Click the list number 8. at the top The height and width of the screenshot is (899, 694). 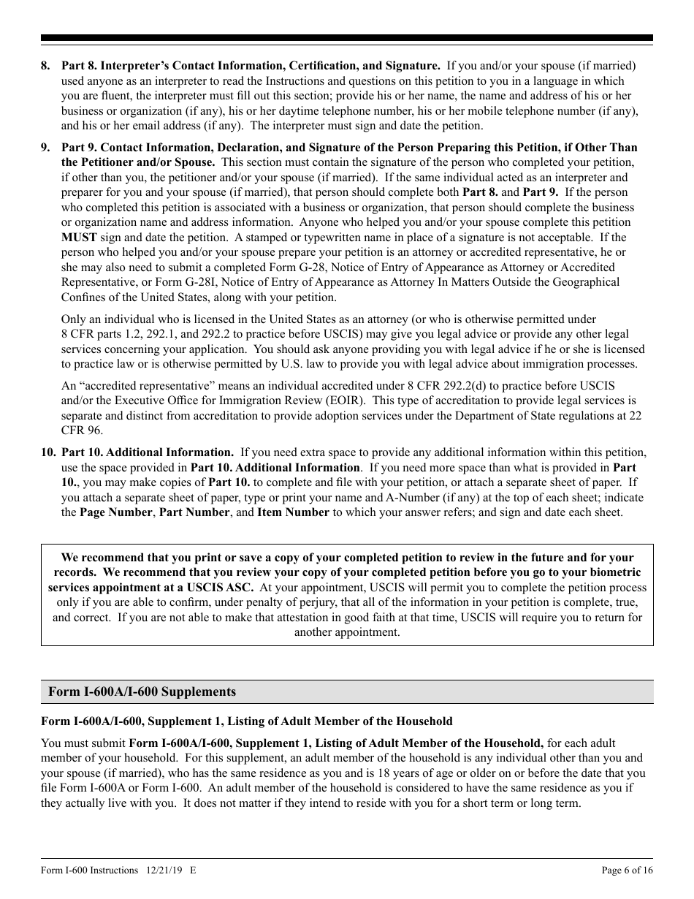(x=45, y=67)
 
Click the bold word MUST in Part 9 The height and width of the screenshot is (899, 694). (x=76, y=238)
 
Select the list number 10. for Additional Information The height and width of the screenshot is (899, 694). (x=48, y=452)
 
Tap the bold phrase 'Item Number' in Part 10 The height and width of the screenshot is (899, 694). (x=293, y=512)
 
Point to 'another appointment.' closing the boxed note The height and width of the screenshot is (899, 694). (x=347, y=632)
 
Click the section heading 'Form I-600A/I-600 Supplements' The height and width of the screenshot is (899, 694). (x=142, y=691)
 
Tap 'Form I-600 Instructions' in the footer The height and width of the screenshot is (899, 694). (x=89, y=870)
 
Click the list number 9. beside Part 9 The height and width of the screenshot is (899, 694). (x=45, y=148)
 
